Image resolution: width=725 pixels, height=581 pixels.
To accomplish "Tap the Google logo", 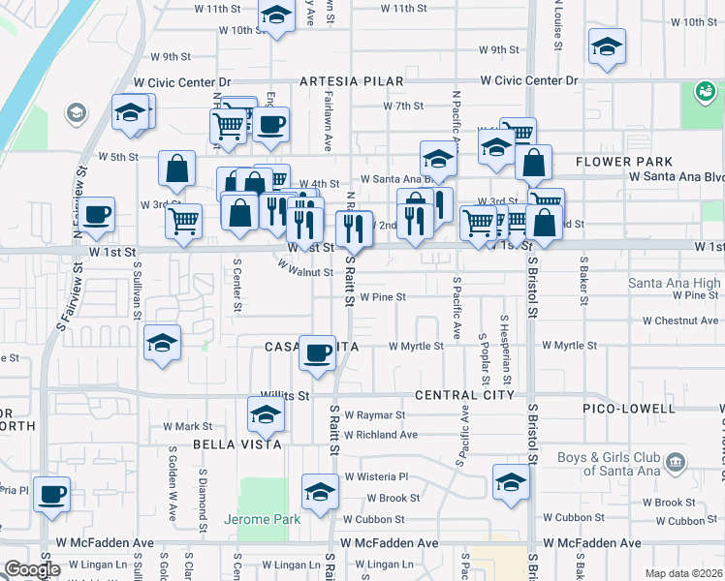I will click(33, 569).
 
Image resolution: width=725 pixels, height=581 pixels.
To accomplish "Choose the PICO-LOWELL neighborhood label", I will click(628, 409).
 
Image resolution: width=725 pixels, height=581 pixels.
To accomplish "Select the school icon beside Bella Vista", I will click(266, 416).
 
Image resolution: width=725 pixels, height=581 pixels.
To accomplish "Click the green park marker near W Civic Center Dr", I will click(705, 93).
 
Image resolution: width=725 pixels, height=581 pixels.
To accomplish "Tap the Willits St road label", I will click(284, 396).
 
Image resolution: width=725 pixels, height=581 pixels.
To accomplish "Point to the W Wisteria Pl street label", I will click(377, 476).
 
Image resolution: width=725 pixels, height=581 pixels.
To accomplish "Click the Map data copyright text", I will click(682, 573).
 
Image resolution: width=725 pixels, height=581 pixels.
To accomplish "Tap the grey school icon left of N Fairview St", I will click(75, 114).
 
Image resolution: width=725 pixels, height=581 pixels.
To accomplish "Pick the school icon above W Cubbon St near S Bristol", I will click(511, 480).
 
